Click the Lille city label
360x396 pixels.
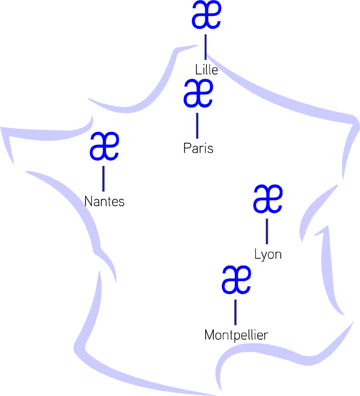[x=207, y=70]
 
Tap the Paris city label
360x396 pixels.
[x=198, y=148]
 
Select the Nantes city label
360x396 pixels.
[x=104, y=201]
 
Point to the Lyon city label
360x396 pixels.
[x=268, y=254]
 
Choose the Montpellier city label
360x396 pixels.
[x=236, y=335]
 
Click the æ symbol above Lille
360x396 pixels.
[x=206, y=15]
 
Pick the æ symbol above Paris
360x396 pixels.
[x=198, y=93]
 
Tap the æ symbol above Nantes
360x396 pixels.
[x=104, y=147]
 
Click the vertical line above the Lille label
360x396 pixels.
[x=206, y=47]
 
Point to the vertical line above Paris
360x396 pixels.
[x=197, y=125]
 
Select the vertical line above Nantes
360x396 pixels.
[x=103, y=178]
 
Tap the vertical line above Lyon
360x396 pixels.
[x=267, y=231]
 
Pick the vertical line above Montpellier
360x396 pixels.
[x=235, y=312]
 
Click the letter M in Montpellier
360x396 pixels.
[x=209, y=335]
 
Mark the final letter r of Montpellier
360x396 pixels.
[x=266, y=335]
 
